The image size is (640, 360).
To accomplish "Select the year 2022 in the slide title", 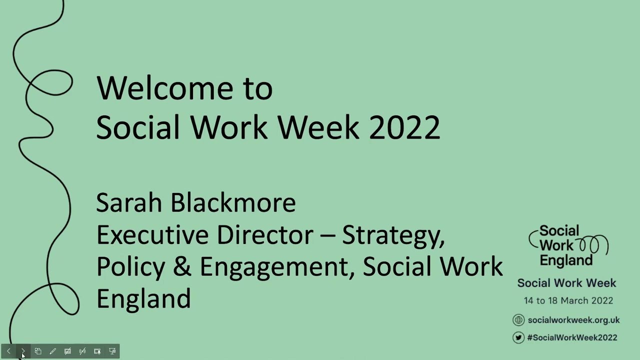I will point(404,127).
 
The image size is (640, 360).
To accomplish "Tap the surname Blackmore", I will point(233,203).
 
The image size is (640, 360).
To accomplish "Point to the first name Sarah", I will point(129,203).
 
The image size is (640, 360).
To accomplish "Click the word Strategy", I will point(393,235).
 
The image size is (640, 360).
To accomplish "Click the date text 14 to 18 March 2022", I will point(568,300).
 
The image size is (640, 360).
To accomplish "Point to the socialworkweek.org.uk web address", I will point(573,320).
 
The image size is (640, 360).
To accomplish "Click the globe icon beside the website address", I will point(518,320).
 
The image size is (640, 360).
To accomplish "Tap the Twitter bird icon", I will point(518,337).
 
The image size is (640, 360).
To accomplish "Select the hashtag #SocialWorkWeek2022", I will point(572,337).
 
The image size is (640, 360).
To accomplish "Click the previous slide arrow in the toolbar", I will point(8,351).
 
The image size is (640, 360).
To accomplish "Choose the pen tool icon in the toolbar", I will point(52,351).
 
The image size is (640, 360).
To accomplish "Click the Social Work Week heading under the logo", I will point(566,283).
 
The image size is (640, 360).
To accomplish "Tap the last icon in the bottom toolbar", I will point(112,351).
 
